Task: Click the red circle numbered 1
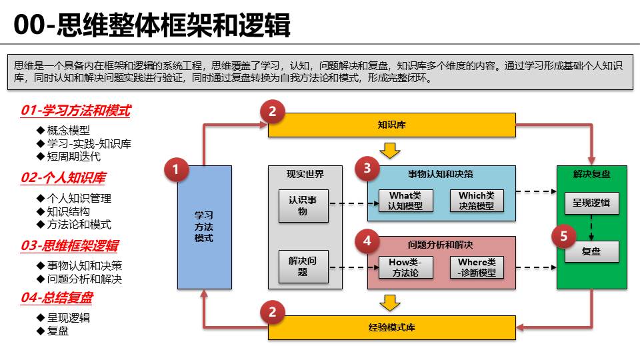[x=176, y=170]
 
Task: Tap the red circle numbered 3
[x=367, y=169]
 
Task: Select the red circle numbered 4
[x=367, y=241]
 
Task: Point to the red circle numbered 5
[x=564, y=236]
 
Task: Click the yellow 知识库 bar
[x=391, y=125]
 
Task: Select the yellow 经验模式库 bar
[x=391, y=327]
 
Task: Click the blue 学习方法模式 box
[x=204, y=227]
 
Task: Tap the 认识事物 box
[x=303, y=205]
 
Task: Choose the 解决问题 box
[x=303, y=267]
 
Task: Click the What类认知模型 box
[x=405, y=201]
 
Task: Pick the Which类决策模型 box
[x=477, y=201]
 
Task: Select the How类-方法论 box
[x=405, y=267]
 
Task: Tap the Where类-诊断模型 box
[x=477, y=267]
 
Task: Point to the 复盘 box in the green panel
[x=591, y=251]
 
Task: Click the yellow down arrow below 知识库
[x=390, y=150]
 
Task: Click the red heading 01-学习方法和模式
[x=75, y=111]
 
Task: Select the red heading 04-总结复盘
[x=57, y=298]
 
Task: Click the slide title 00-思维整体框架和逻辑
[x=152, y=27]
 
